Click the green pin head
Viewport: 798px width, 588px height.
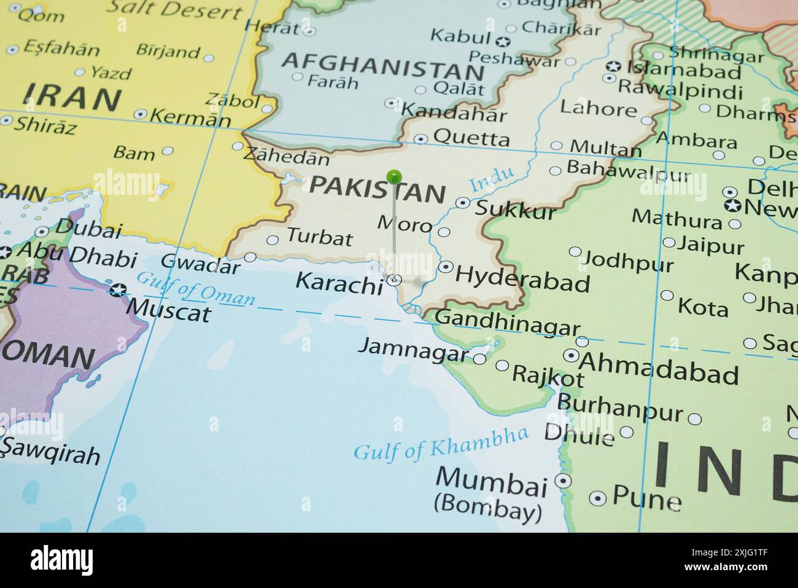click(394, 177)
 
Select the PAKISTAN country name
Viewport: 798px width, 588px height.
click(377, 189)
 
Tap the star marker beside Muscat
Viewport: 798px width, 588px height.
click(117, 289)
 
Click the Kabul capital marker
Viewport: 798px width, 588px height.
click(503, 42)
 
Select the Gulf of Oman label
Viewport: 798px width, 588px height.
click(195, 288)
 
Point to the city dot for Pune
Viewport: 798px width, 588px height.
click(597, 498)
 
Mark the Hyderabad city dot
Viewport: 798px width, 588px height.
click(446, 267)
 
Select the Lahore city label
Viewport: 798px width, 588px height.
click(598, 109)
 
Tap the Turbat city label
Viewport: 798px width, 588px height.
click(320, 237)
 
